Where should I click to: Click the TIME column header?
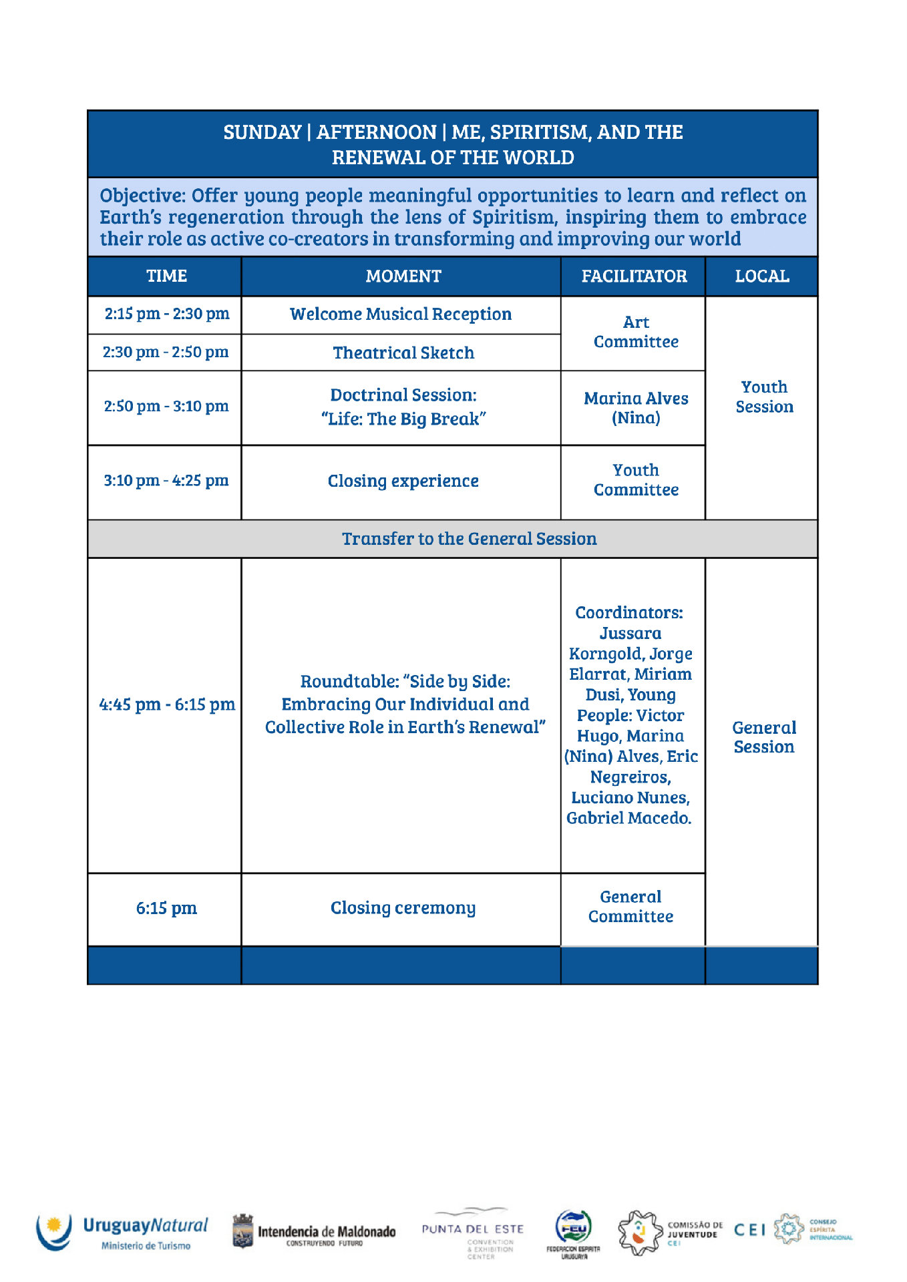pyautogui.click(x=166, y=276)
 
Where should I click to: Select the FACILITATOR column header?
pyautogui.click(x=634, y=276)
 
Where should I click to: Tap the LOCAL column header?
pyautogui.click(x=762, y=276)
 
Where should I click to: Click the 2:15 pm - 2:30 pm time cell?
pyautogui.click(x=166, y=314)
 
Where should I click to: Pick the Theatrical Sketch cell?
pyautogui.click(x=403, y=353)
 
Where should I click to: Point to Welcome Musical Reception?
pyautogui.click(x=401, y=314)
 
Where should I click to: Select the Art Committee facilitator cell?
pyautogui.click(x=636, y=332)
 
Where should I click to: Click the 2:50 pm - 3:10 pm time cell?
pyautogui.click(x=166, y=406)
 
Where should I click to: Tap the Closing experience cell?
pyautogui.click(x=403, y=481)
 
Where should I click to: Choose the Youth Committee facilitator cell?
pyautogui.click(x=636, y=480)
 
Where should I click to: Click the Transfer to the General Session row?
pyautogui.click(x=469, y=539)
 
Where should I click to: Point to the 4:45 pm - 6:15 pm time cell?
pyautogui.click(x=167, y=704)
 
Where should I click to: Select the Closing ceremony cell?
pyautogui.click(x=403, y=908)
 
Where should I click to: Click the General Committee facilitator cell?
pyautogui.click(x=630, y=907)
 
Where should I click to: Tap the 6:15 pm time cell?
pyautogui.click(x=166, y=908)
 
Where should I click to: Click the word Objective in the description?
pyautogui.click(x=142, y=196)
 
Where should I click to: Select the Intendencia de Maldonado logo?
pyautogui.click(x=314, y=1233)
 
